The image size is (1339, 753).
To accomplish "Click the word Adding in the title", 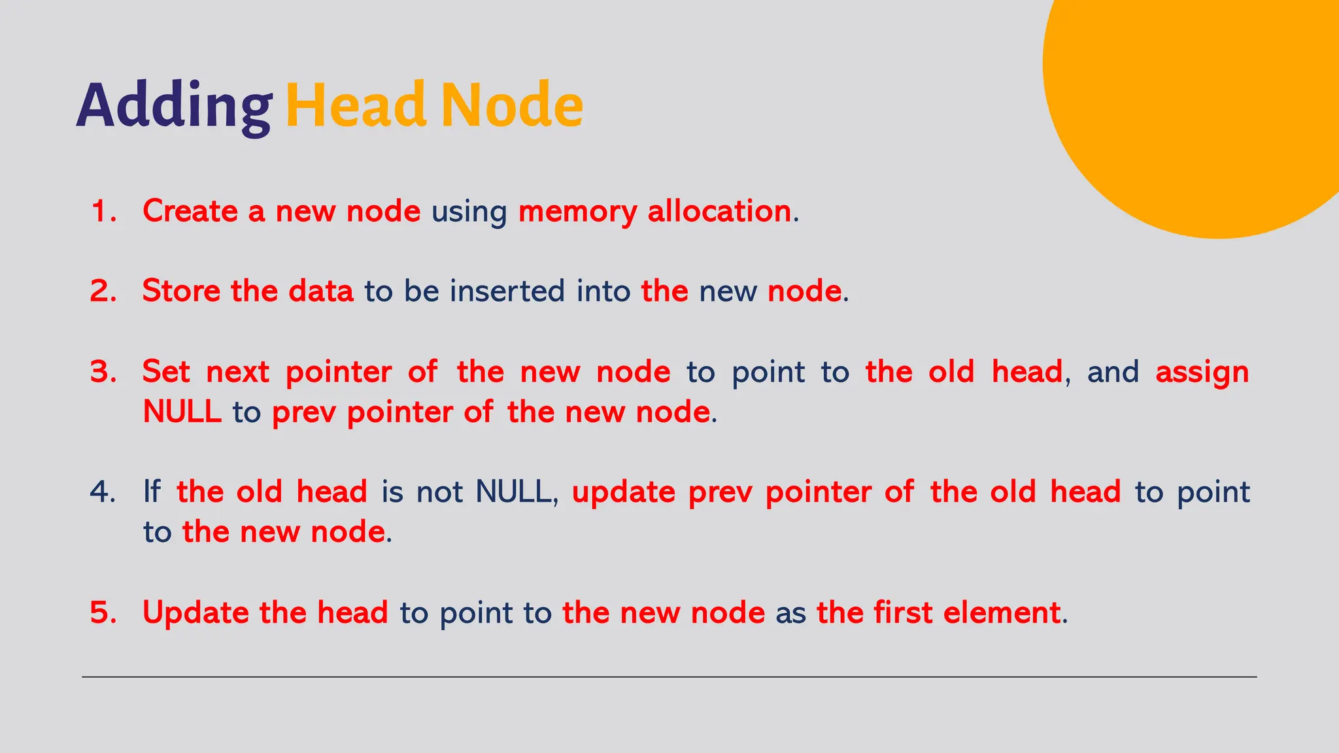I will pos(174,107).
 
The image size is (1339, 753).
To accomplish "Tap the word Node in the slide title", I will pos(512,105).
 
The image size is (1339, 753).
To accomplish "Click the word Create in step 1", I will pos(190,211).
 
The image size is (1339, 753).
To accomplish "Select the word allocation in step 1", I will pos(719,211).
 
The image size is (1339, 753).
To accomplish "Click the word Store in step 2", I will pos(181,292).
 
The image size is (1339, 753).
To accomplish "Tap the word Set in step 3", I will pos(166,372).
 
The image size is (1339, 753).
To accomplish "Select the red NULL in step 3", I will pos(182,412).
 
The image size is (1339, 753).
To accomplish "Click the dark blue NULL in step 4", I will pos(514,492).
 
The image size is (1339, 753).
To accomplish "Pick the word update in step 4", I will pos(623,492).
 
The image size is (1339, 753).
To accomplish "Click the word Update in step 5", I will pos(195,613).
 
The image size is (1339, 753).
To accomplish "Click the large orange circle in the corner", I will pos(1203,98).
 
